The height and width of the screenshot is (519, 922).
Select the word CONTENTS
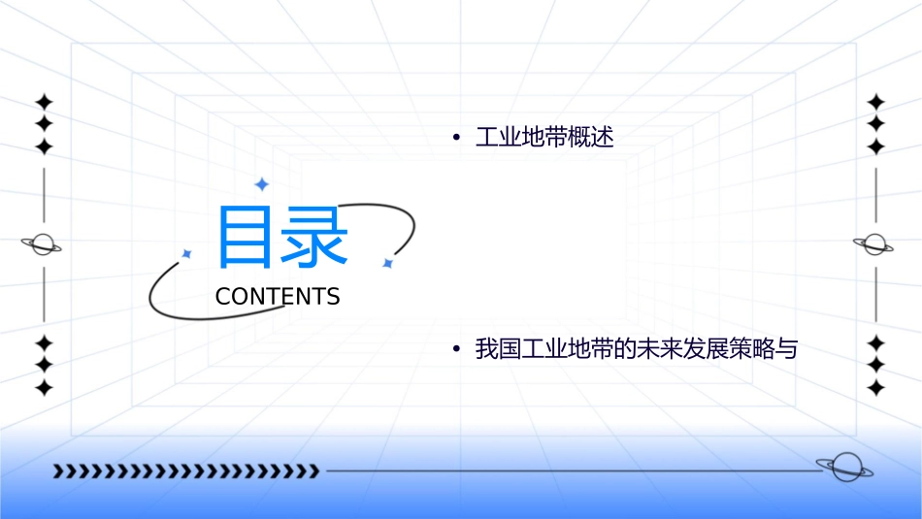point(278,297)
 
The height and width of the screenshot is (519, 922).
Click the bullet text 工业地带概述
point(544,138)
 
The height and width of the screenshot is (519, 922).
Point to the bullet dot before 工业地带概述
point(455,138)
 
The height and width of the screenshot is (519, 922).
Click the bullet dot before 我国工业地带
point(455,349)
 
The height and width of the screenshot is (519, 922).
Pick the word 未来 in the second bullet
point(655,349)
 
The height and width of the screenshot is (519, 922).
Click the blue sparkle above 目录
point(261,183)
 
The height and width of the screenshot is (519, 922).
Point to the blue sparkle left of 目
point(187,253)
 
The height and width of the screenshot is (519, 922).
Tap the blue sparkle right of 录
point(387,263)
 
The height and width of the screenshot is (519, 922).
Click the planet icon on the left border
point(43,244)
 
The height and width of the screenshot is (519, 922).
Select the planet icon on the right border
point(875,244)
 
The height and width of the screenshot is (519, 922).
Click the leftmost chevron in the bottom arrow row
point(58,471)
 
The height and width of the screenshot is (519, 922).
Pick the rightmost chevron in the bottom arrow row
point(313,471)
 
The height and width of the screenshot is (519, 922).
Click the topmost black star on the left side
point(44,102)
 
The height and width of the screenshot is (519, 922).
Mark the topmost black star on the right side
point(876,102)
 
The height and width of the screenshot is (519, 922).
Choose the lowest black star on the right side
point(876,387)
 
